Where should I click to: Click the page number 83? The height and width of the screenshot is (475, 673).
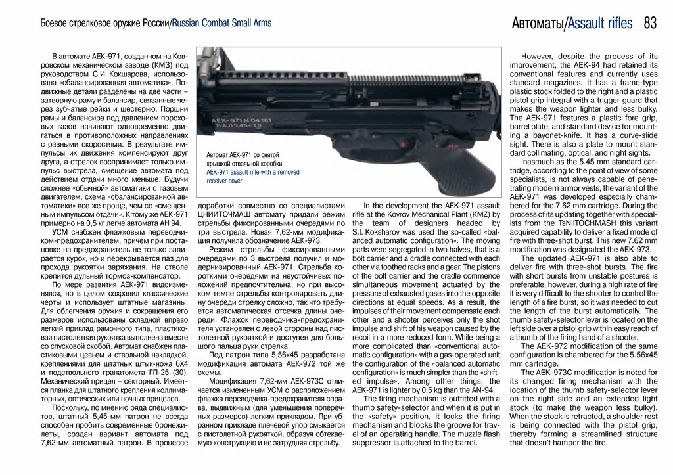coord(650,24)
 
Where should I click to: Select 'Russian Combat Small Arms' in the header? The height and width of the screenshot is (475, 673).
coord(221,24)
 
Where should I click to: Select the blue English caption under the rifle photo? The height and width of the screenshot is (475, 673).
coord(252,175)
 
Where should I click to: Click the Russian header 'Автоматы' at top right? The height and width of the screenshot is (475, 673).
coord(538,24)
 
